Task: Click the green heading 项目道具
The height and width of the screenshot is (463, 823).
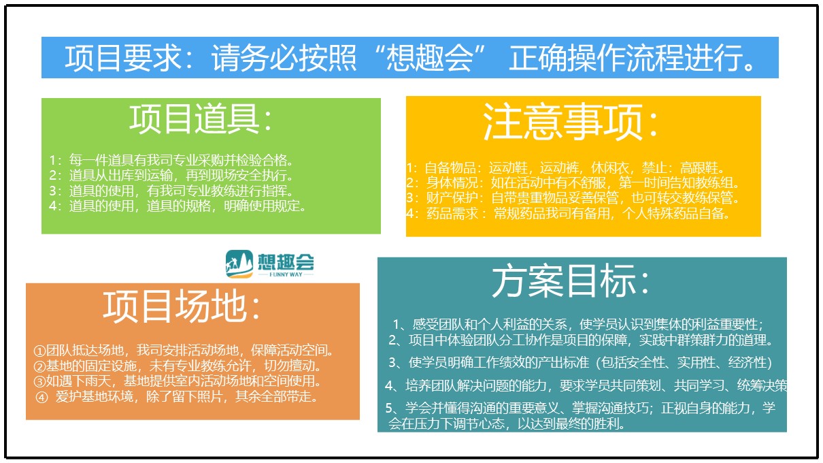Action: tap(195, 118)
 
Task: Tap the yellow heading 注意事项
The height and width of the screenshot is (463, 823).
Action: tap(562, 121)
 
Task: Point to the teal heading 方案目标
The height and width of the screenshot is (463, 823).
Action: tap(564, 281)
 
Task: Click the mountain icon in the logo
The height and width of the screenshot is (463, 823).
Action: tap(239, 264)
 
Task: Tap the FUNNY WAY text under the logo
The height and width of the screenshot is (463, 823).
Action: tap(286, 274)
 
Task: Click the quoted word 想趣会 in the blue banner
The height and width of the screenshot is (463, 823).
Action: tap(429, 58)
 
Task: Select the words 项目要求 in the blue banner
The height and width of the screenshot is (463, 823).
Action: tap(122, 58)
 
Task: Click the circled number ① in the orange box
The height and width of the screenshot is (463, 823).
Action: tap(39, 351)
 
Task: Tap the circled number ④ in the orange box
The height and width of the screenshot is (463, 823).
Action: tap(42, 398)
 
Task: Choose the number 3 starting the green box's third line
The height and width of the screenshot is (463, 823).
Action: tap(52, 191)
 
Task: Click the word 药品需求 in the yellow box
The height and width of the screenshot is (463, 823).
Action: tap(452, 214)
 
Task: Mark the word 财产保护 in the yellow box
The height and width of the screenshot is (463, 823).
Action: tap(452, 198)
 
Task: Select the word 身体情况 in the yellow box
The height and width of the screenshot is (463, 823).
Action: tap(452, 182)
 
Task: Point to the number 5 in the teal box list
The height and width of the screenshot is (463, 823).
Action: tap(390, 408)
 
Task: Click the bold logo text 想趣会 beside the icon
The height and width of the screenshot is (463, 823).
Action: tap(286, 261)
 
